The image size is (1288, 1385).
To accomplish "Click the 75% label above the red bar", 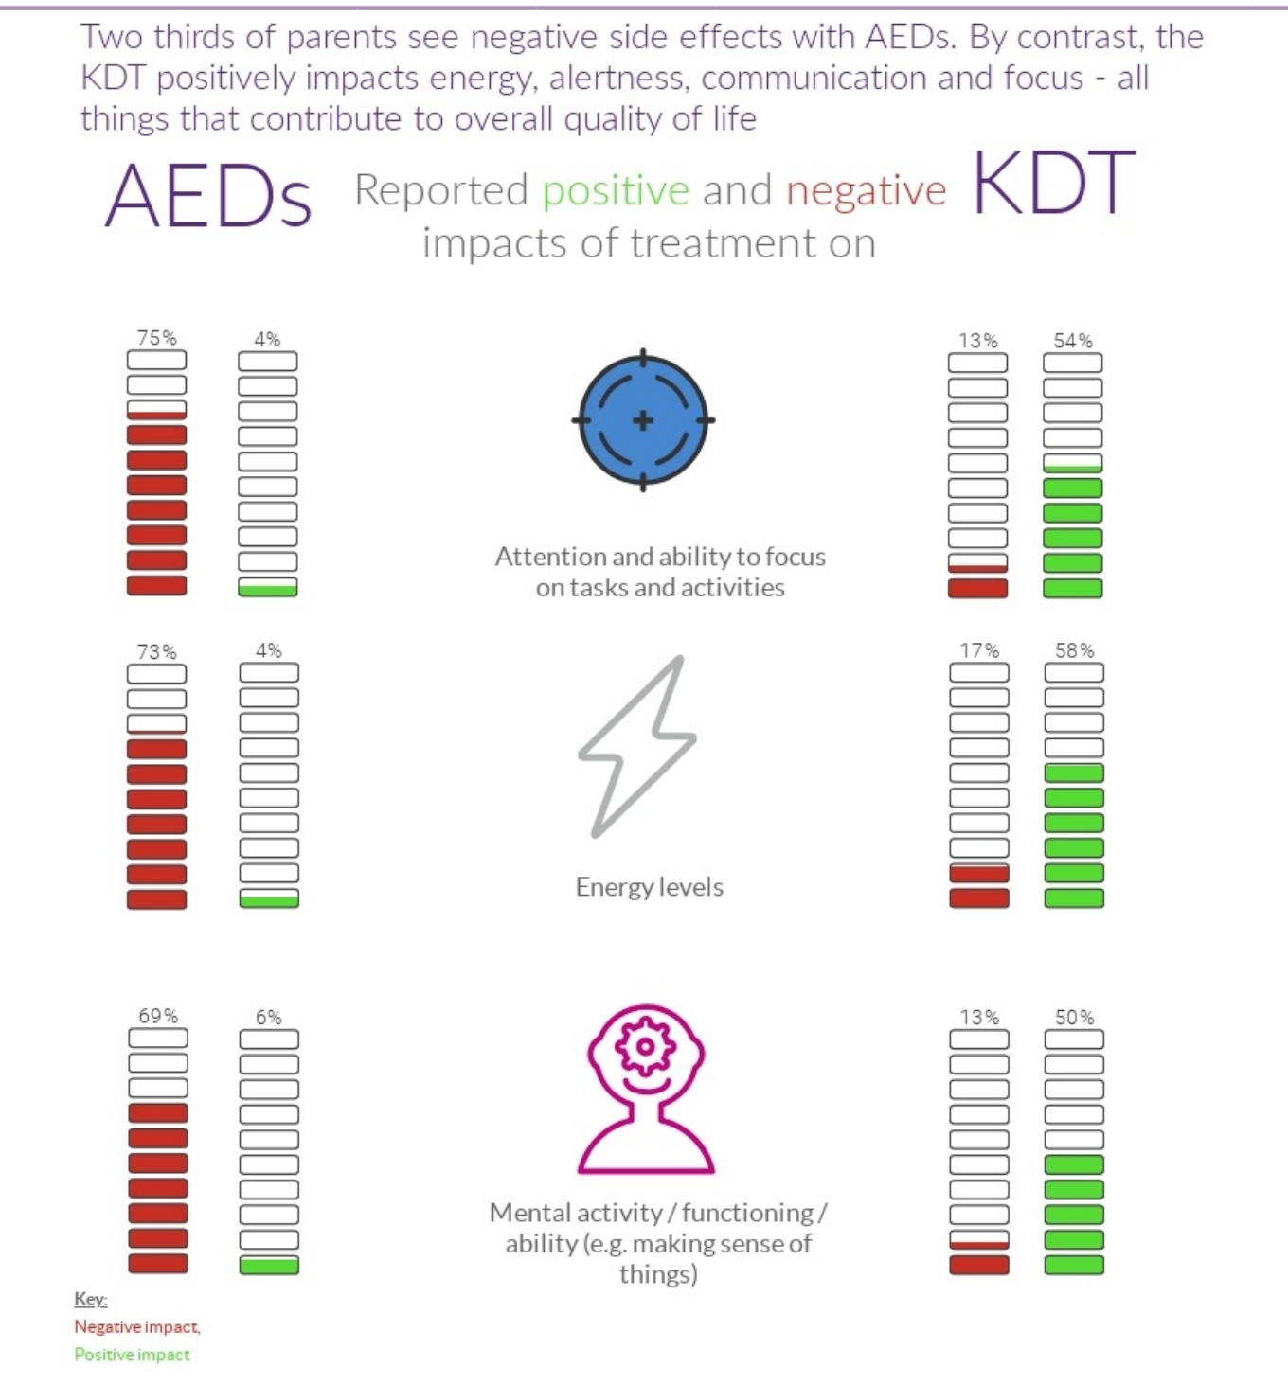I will tap(157, 338).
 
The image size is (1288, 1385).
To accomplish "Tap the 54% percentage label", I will tap(1073, 341).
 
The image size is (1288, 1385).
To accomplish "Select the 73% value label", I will tap(157, 652).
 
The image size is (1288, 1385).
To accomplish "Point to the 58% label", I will tap(1075, 651).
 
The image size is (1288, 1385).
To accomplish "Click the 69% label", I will tap(158, 1016).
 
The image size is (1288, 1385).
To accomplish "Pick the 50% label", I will tap(1075, 1018).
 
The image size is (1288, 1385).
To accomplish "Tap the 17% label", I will tap(979, 651).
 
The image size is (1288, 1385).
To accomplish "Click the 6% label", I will tap(269, 1018).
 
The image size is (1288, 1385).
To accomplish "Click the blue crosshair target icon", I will tap(643, 420).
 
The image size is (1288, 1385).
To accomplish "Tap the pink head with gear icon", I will tap(646, 1089).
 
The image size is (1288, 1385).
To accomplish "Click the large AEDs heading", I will tap(208, 196).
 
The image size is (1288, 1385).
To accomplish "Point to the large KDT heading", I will tap(1053, 183).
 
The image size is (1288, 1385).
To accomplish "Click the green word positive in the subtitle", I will tap(616, 191).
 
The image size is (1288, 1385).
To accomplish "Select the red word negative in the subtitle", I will tap(866, 191).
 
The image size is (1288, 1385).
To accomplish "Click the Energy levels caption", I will tap(650, 887).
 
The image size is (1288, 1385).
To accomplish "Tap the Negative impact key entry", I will tap(137, 1327).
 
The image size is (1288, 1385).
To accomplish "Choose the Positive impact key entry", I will tap(133, 1355).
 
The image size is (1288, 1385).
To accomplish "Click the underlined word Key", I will tap(91, 1299).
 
